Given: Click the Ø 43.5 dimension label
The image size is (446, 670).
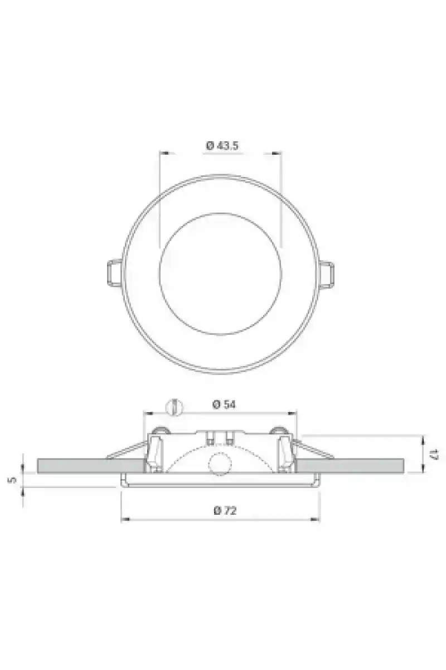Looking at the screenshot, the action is point(222,146).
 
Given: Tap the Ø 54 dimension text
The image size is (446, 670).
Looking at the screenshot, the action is point(224,404).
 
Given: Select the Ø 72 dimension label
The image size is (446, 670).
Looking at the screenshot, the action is point(225,510).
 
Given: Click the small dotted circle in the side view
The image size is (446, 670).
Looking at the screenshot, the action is point(220,465).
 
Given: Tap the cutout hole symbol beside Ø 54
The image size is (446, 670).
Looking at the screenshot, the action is point(174,407).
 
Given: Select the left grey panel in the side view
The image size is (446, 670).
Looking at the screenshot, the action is point(91,466).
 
